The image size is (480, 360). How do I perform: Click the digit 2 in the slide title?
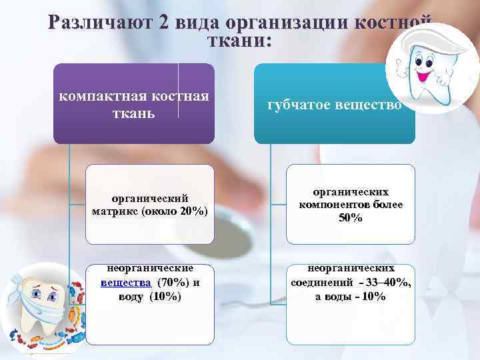[164, 23]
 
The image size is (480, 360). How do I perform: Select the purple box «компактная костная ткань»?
[134, 103]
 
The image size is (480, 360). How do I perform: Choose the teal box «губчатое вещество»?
[334, 104]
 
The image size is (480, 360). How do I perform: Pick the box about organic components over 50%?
[351, 204]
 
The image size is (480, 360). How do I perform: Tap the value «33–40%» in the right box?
[387, 283]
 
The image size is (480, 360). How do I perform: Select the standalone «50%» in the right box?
[351, 218]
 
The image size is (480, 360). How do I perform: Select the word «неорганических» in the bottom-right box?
[351, 268]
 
